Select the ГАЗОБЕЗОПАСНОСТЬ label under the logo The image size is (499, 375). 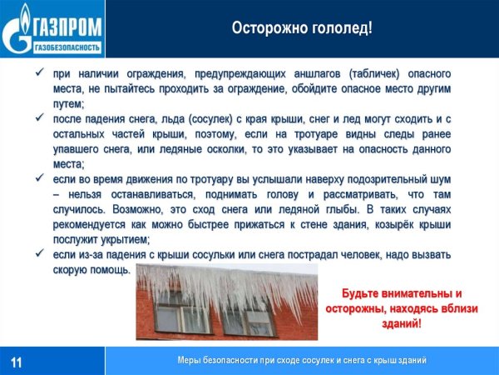coord(67,46)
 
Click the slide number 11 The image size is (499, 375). coord(17,361)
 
